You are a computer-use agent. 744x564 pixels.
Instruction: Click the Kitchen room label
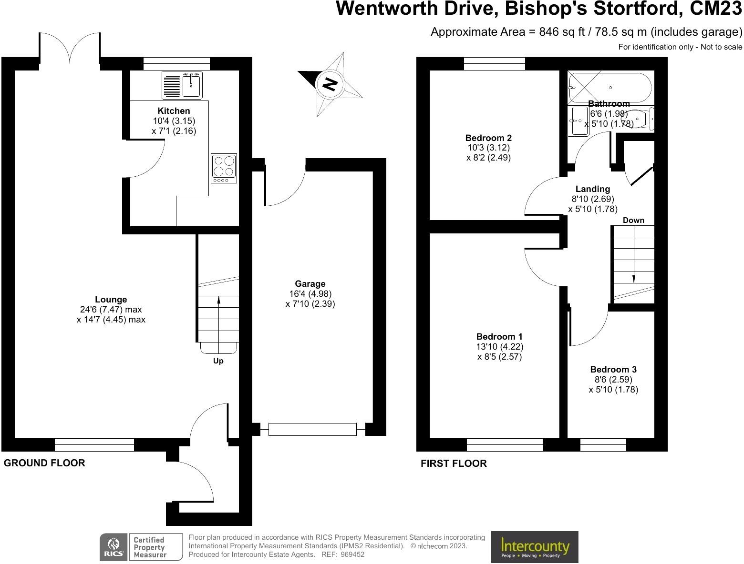[174, 111]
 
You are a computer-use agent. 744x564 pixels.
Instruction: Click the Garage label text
[310, 283]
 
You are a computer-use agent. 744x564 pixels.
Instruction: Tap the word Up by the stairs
[218, 361]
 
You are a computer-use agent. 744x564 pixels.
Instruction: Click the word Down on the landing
[633, 220]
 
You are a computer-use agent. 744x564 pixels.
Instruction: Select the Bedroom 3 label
[613, 369]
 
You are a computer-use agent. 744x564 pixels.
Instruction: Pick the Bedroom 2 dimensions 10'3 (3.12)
[488, 148]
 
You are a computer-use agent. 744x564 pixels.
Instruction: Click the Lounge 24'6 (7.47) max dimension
[111, 310]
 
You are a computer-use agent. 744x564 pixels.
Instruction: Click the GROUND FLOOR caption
[44, 463]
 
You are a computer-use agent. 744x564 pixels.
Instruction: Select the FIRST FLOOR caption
[454, 463]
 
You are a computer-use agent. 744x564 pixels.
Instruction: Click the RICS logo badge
[114, 547]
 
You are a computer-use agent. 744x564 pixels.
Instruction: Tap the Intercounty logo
[535, 547]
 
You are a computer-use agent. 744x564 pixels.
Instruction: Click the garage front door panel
[312, 429]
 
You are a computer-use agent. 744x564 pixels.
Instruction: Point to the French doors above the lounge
[70, 48]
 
